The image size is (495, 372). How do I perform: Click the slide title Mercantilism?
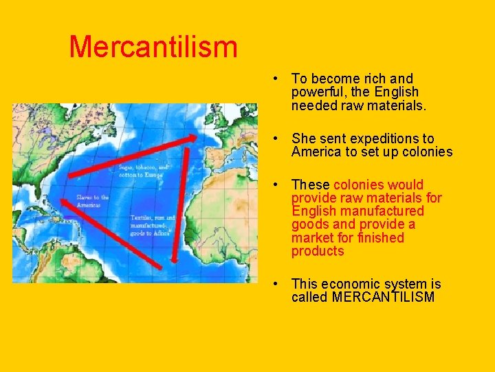(153, 47)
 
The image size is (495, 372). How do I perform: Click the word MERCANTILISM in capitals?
(382, 298)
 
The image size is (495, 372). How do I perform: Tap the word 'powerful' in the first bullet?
(317, 92)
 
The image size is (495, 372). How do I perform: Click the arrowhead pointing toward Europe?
(197, 138)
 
